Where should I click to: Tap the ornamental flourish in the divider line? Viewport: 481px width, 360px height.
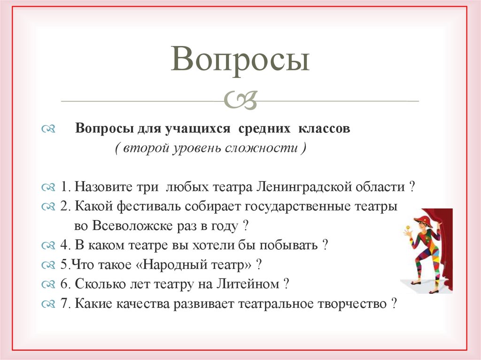click(x=240, y=100)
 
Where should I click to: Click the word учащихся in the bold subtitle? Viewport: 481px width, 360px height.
click(x=199, y=129)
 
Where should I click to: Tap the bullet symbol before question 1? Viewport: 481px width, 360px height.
click(x=48, y=188)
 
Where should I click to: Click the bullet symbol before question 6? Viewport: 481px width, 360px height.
click(x=48, y=284)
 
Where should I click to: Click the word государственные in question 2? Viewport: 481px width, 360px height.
click(x=290, y=207)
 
